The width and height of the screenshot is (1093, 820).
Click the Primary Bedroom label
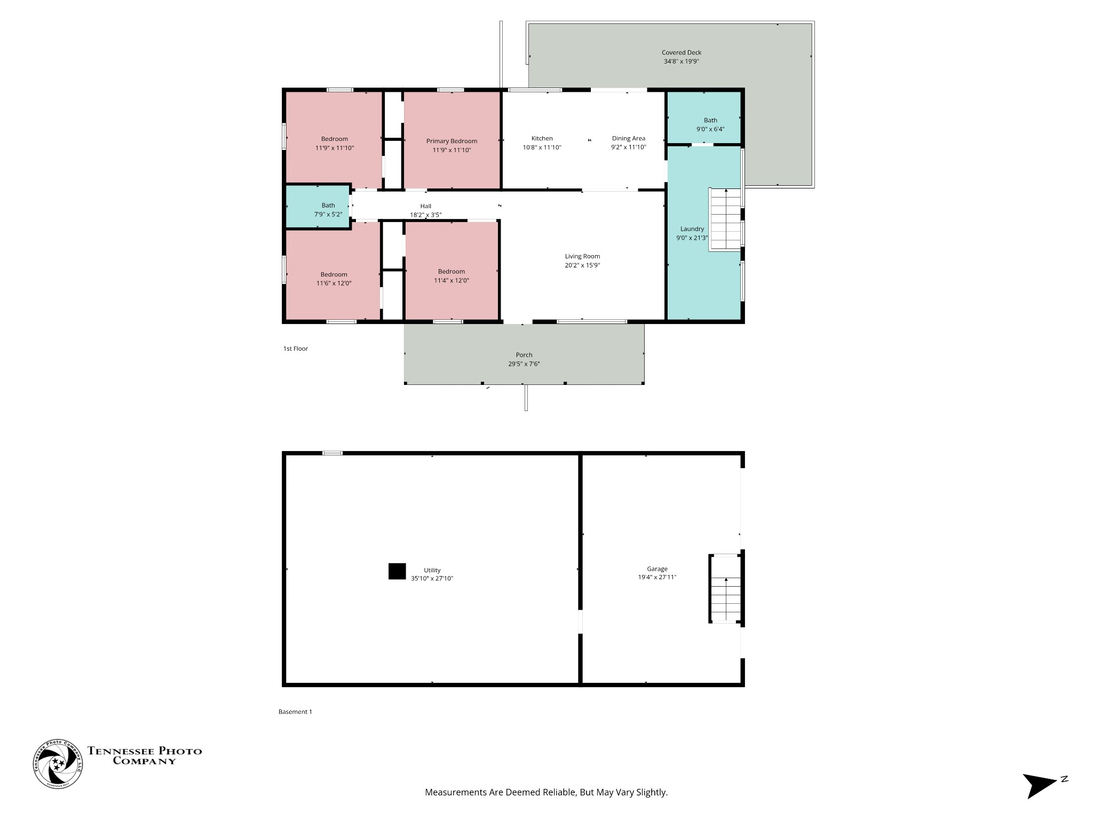(452, 141)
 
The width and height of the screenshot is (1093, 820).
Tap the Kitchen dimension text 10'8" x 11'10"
(542, 147)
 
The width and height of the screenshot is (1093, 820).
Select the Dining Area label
(629, 138)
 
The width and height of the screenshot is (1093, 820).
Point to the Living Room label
(582, 256)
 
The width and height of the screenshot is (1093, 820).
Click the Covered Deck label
(682, 52)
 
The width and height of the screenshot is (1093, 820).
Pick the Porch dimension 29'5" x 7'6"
(524, 364)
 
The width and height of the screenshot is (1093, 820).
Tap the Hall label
(425, 206)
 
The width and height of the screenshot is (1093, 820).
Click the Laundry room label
(692, 229)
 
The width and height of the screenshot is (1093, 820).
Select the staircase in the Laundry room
(725, 219)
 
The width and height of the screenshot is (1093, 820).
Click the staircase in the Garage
(725, 589)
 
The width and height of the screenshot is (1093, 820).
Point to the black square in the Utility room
(397, 571)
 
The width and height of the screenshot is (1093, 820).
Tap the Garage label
(657, 569)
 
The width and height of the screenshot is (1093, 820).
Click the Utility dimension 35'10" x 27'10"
(432, 579)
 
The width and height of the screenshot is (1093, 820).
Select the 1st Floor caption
(296, 349)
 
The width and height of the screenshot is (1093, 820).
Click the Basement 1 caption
(295, 712)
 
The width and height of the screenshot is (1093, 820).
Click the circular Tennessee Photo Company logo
(58, 764)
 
